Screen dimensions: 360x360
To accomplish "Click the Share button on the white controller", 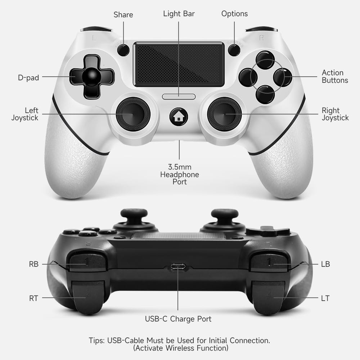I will point(123,50).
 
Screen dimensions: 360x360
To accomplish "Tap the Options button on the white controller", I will point(234,50).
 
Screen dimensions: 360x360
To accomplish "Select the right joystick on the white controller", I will point(225,114).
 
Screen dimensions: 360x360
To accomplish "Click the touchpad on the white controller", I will point(179,64).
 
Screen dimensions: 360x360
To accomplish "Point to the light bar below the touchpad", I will point(179,96).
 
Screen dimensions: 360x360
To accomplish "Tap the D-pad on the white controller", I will point(91,77).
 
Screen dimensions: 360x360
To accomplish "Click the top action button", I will point(265,59).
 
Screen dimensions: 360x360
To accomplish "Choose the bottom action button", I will point(265,94).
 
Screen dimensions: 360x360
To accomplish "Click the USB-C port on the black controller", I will point(178,267).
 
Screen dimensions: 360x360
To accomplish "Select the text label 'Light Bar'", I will point(179,14).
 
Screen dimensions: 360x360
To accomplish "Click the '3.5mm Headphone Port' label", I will point(179,175).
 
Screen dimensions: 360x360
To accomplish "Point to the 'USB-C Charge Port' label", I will point(178,319).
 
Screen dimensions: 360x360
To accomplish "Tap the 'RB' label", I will point(33,264).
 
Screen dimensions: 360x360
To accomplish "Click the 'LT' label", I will point(325,298).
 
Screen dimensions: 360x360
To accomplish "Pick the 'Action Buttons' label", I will point(335,77).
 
